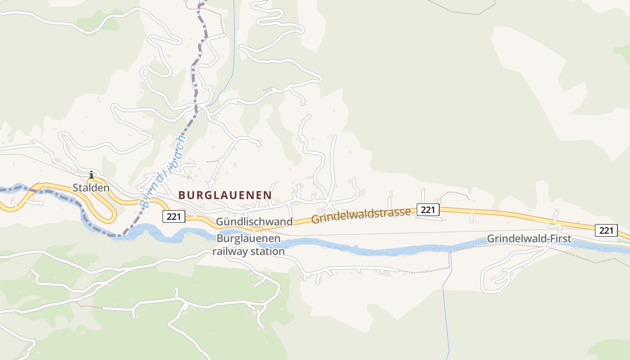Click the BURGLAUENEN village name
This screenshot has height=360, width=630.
click(225, 195)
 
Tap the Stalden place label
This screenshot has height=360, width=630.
click(91, 188)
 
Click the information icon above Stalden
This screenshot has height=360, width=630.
click(91, 175)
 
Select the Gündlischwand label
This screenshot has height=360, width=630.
click(254, 222)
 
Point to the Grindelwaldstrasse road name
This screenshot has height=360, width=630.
click(361, 216)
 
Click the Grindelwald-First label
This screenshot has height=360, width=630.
click(529, 238)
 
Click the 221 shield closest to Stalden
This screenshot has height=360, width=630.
click(174, 217)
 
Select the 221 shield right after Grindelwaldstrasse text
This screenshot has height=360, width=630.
click(427, 209)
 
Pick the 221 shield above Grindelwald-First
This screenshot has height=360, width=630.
click(606, 230)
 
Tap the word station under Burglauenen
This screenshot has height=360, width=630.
click(269, 251)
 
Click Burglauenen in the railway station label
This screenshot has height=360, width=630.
click(248, 238)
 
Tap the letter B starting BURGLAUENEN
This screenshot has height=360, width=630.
click(182, 195)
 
